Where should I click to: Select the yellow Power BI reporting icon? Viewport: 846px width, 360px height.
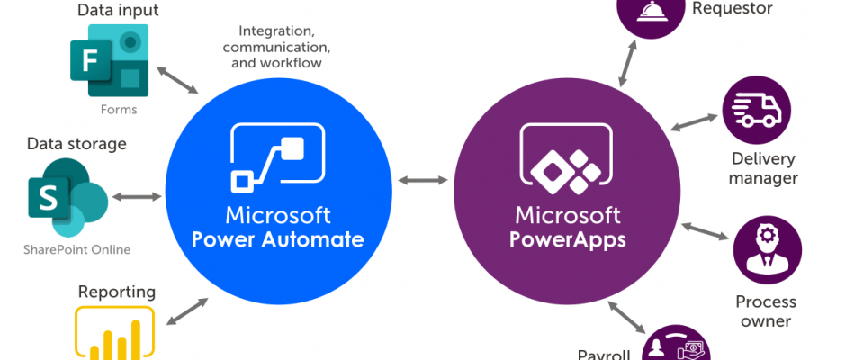114,334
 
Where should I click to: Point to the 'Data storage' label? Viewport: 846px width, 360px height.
76,144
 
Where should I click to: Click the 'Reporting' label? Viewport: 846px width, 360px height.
117,292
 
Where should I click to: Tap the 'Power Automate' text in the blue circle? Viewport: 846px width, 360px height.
283,240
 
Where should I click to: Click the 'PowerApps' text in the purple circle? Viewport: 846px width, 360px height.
567,240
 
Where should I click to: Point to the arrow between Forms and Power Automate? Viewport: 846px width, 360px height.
177,79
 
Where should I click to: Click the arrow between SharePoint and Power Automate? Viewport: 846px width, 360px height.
137,196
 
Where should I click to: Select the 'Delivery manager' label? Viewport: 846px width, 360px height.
763,168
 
